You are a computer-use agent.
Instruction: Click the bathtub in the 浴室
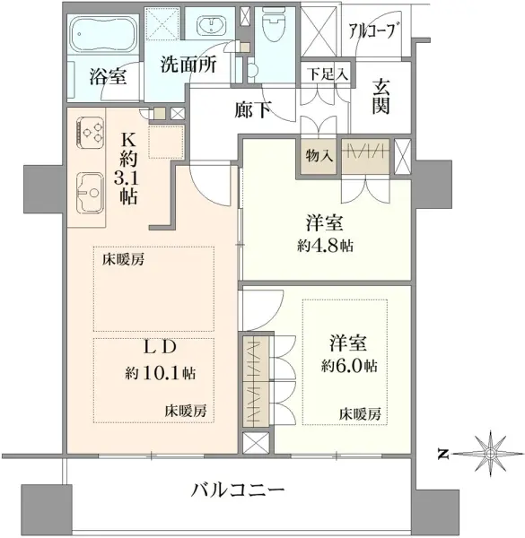pyautogui.click(x=102, y=34)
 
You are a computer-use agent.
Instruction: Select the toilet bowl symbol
pyautogui.click(x=275, y=25)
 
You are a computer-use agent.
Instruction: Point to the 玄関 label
pyautogui.click(x=381, y=97)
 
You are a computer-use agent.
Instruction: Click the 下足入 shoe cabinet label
pyautogui.click(x=328, y=74)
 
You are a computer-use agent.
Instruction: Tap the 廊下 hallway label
pyautogui.click(x=252, y=109)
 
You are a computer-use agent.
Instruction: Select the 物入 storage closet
pyautogui.click(x=319, y=156)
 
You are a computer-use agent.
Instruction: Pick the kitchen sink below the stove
pyautogui.click(x=90, y=193)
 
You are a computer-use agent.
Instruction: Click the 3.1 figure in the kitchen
pyautogui.click(x=127, y=178)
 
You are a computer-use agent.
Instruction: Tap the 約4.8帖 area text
pyautogui.click(x=325, y=246)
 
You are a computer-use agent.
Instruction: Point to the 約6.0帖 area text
pyautogui.click(x=349, y=366)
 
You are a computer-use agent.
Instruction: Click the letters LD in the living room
pyautogui.click(x=160, y=347)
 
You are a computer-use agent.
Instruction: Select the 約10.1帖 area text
pyautogui.click(x=161, y=373)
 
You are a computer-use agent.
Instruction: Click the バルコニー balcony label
pyautogui.click(x=238, y=490)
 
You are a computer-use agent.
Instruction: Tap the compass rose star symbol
pyautogui.click(x=491, y=454)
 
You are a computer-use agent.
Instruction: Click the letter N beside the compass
pyautogui.click(x=443, y=455)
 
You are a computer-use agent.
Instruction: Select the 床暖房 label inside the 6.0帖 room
pyautogui.click(x=360, y=414)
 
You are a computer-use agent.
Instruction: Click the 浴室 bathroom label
pyautogui.click(x=109, y=76)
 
